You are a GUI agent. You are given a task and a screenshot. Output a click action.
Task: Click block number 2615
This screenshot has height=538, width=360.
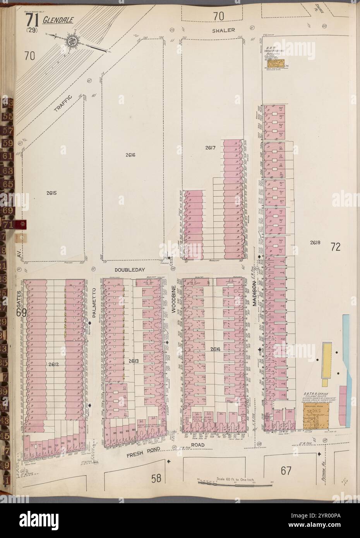pos(51,193)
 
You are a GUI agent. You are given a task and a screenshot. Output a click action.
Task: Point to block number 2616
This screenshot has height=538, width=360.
pos(130,155)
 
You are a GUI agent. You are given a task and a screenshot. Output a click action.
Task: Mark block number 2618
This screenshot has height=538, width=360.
pos(315,243)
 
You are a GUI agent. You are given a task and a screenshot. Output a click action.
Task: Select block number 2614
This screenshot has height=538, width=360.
pos(216,349)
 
